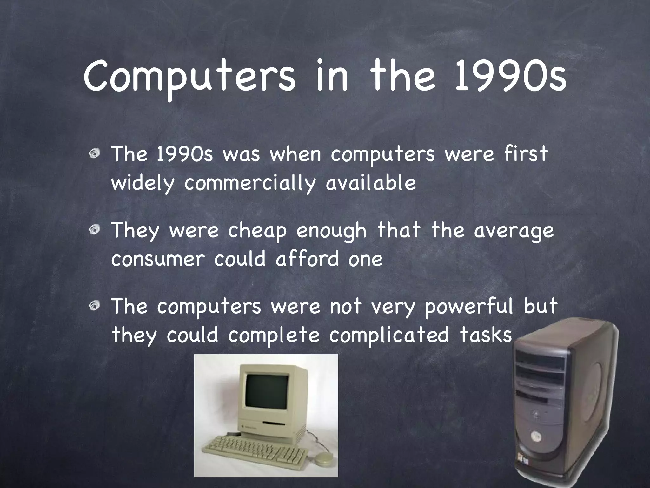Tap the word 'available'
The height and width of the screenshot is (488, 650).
point(370,183)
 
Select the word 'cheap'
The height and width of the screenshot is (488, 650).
point(257,231)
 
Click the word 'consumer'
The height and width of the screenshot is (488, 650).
point(157,259)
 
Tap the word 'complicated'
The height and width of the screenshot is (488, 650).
point(389,335)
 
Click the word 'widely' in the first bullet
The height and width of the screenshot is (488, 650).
point(143,183)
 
